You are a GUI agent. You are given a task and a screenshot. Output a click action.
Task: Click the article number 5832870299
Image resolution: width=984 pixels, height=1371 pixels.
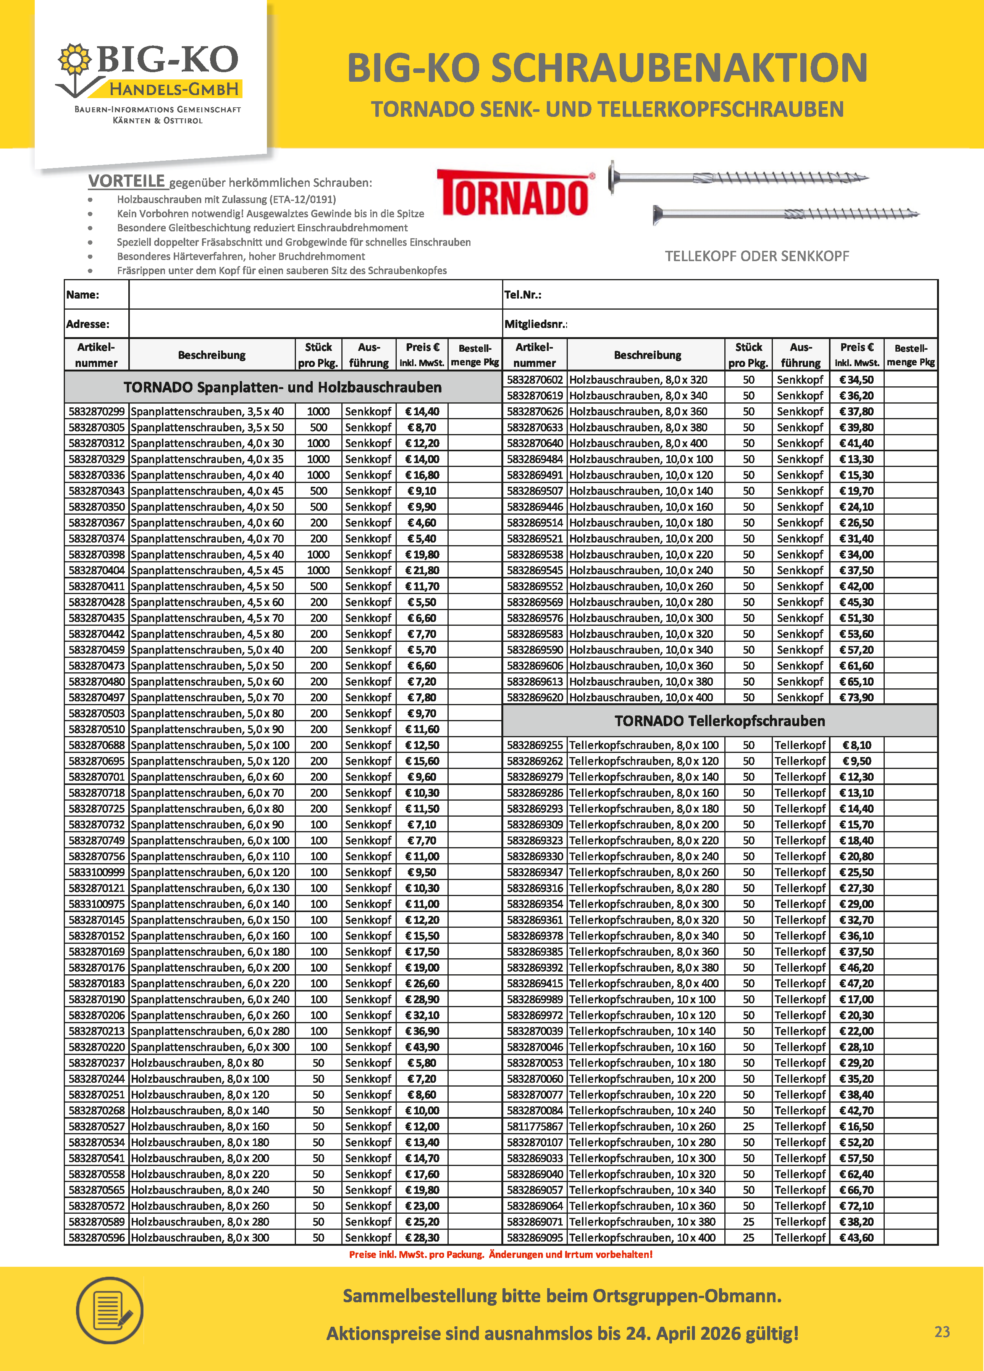click(x=96, y=412)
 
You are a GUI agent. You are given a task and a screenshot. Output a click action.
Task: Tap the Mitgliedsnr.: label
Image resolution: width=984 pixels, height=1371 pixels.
click(x=535, y=325)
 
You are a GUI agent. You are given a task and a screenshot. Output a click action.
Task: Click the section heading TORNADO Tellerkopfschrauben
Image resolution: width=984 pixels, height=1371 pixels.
click(x=719, y=721)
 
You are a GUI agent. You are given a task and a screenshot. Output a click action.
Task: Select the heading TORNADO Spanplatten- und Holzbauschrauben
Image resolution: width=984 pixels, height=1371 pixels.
click(x=282, y=388)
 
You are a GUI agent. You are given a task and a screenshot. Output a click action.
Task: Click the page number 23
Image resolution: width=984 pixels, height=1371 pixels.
click(x=942, y=1332)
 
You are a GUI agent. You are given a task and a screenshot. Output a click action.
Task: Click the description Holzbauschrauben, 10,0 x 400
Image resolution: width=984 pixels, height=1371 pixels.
click(x=641, y=697)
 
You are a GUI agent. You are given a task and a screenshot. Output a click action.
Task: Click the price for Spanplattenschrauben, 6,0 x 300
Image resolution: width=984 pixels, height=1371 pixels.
click(x=422, y=1047)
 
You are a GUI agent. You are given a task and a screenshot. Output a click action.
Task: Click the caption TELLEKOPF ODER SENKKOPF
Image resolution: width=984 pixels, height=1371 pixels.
click(x=757, y=256)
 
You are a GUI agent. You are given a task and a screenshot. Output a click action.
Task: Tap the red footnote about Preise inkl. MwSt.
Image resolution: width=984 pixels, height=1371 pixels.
click(x=501, y=1254)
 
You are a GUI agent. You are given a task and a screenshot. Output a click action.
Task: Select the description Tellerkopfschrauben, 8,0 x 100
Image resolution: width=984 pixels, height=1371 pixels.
click(x=644, y=745)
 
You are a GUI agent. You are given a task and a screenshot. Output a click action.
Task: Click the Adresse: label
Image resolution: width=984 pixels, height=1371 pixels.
click(x=88, y=325)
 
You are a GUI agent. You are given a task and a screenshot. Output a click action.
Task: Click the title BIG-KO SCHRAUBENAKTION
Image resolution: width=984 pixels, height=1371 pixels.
click(x=607, y=68)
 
